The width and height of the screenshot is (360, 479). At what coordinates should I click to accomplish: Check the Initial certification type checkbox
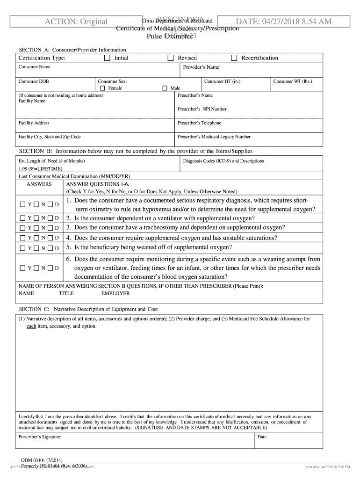point(107,58)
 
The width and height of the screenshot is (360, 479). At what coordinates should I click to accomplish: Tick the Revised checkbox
point(171,58)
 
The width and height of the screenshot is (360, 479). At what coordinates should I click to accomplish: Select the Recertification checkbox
point(234,58)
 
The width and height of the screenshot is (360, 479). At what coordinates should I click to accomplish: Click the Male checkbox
point(165,88)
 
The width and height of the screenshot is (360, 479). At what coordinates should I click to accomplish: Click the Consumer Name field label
point(35,67)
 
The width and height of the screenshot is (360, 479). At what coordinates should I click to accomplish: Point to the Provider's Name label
point(201,67)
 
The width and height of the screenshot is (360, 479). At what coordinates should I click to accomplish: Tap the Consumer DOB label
point(34,81)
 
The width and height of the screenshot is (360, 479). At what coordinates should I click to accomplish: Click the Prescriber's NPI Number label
point(202,109)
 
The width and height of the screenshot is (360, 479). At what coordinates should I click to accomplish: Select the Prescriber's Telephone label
point(200,123)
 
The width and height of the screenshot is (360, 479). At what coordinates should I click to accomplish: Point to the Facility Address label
point(34,123)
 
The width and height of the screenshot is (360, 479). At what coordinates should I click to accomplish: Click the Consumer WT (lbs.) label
point(293,81)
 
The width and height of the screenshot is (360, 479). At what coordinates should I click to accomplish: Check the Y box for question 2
point(23,218)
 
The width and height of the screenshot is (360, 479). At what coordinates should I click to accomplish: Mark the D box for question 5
point(50,248)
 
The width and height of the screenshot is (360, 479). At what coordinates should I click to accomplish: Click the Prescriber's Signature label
point(40,437)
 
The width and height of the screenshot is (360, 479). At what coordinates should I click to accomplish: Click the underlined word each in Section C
point(31,326)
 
